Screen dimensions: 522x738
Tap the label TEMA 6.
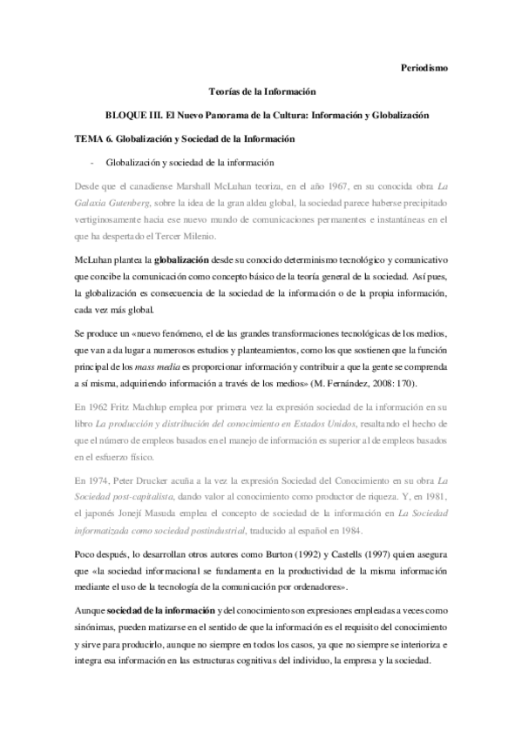click(88, 138)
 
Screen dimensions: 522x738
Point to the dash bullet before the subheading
click(92, 162)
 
